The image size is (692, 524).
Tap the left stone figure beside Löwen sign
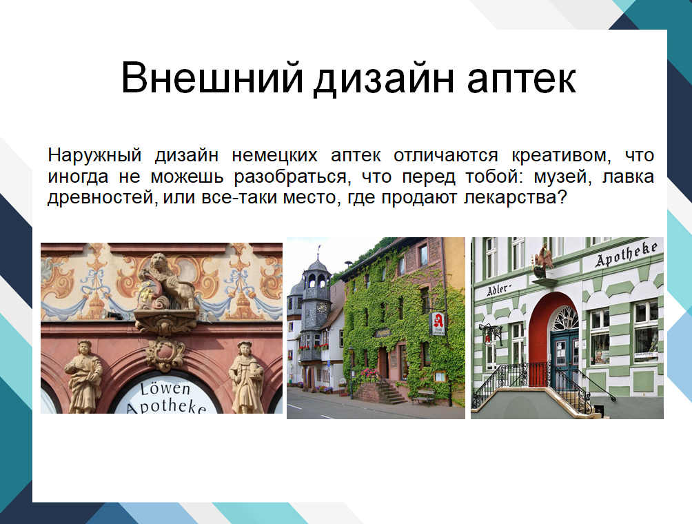coord(84,376)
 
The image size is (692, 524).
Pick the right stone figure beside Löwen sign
coord(246,376)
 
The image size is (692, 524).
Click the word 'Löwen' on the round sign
coord(165,388)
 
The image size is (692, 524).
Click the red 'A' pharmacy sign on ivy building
coord(438,323)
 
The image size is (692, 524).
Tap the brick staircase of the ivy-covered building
coord(388,393)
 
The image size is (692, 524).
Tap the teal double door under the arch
coord(564,358)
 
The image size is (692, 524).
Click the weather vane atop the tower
coord(319,250)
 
